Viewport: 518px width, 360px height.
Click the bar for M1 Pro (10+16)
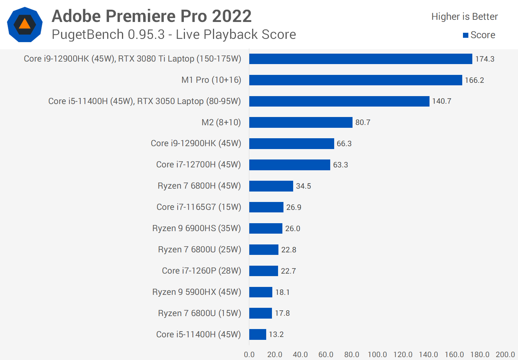(x=355, y=80)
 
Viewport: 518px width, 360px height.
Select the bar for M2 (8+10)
(x=301, y=122)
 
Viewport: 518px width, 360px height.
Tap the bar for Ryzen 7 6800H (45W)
(x=271, y=186)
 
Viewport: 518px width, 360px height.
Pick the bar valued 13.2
(x=258, y=334)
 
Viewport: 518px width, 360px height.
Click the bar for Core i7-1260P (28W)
(x=263, y=271)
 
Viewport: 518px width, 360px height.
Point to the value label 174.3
(x=485, y=59)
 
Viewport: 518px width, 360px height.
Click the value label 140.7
(x=441, y=101)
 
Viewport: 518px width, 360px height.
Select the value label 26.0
(x=292, y=229)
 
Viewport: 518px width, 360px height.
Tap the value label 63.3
(x=340, y=165)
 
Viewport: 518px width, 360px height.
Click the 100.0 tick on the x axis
(x=377, y=355)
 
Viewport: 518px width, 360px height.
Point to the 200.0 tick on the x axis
(x=505, y=355)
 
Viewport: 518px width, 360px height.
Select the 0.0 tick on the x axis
(x=249, y=355)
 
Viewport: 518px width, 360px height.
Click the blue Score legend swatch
(x=465, y=35)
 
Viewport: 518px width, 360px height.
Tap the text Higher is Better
(x=464, y=17)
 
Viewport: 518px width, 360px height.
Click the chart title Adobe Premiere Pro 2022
(x=151, y=16)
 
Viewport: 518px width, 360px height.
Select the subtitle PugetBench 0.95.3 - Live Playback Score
(x=174, y=35)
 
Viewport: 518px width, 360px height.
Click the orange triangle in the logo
(x=24, y=24)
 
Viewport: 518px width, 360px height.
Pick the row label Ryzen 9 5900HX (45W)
(x=196, y=292)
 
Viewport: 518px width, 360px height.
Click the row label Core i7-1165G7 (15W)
(x=199, y=207)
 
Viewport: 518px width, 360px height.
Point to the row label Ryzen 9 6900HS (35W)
(x=196, y=228)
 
